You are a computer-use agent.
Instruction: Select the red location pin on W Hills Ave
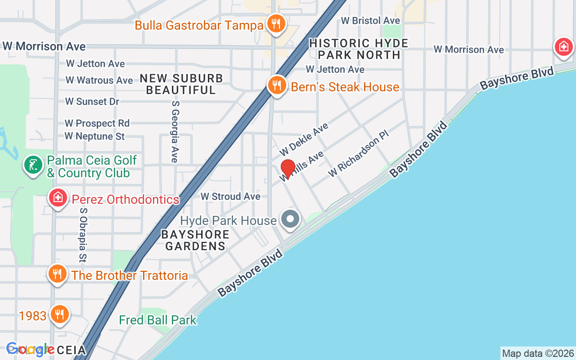tap(288, 169)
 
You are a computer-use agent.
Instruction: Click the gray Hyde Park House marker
tap(290, 220)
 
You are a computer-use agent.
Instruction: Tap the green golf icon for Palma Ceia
tap(33, 165)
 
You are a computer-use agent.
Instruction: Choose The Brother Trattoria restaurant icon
tap(57, 274)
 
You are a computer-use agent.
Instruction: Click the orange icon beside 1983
tap(59, 315)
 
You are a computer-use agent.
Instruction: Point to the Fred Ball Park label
tap(157, 320)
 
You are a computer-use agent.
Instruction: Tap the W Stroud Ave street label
tap(230, 197)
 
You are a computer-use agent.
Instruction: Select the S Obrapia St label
tap(82, 234)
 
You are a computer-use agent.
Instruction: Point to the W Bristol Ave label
tap(370, 21)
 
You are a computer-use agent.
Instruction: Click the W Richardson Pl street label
tap(358, 153)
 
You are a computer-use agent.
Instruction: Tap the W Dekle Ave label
tap(304, 139)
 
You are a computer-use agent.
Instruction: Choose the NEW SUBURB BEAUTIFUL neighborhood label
tap(181, 84)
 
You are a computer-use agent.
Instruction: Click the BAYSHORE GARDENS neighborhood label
tap(195, 240)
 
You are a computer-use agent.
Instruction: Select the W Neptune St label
tap(94, 136)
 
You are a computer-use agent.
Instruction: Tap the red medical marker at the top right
tap(563, 46)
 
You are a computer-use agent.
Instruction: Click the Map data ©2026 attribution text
tap(538, 353)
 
